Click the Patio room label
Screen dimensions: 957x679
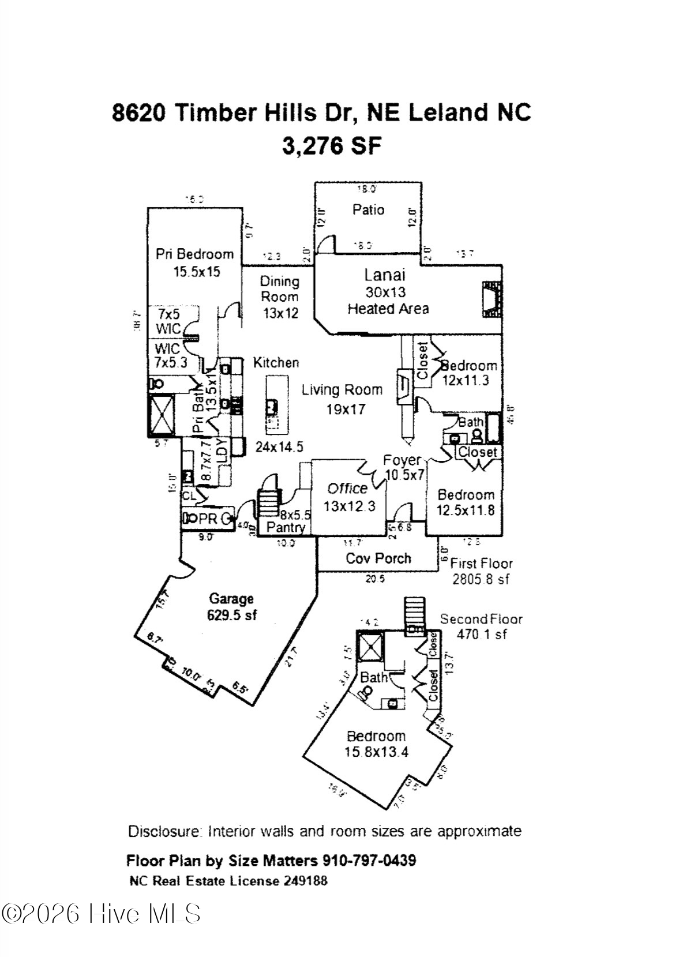click(x=368, y=209)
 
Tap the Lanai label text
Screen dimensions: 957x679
click(x=385, y=275)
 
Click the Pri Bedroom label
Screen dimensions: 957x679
click(x=194, y=262)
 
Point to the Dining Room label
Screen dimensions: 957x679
click(x=280, y=297)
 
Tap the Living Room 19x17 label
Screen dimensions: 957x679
click(x=343, y=399)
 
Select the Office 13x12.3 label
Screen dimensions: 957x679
click(x=348, y=497)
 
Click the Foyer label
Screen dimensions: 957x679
click(x=402, y=460)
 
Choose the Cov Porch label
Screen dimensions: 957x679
click(x=378, y=558)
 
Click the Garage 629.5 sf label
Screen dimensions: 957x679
click(x=231, y=607)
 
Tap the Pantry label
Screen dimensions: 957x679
click(x=286, y=527)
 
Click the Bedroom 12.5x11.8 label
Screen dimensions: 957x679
click(x=466, y=502)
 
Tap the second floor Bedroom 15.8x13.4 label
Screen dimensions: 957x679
click(x=376, y=744)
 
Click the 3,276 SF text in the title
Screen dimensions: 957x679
click(x=332, y=145)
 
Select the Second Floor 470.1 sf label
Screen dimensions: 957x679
click(x=481, y=626)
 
